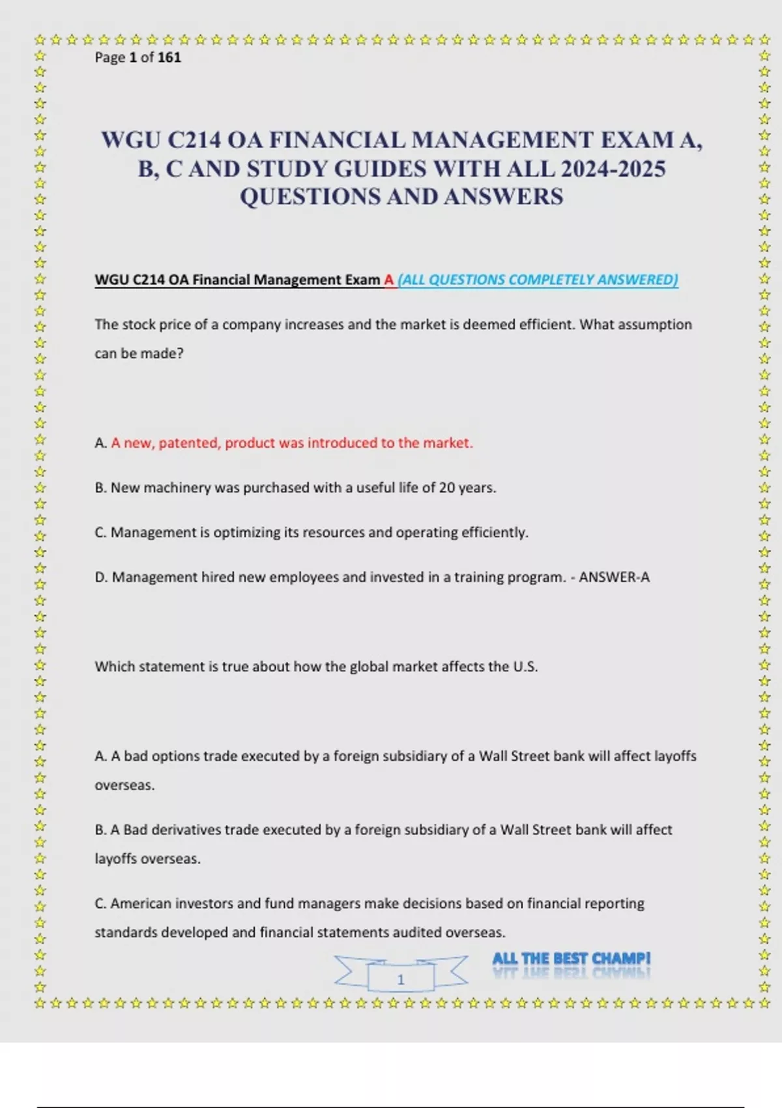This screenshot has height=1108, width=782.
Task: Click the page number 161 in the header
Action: (169, 57)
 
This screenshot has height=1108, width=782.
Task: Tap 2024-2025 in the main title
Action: (613, 169)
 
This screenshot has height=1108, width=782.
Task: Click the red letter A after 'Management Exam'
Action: (389, 280)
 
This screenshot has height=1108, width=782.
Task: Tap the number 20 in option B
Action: (447, 488)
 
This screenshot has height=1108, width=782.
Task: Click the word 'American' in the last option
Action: (139, 903)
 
